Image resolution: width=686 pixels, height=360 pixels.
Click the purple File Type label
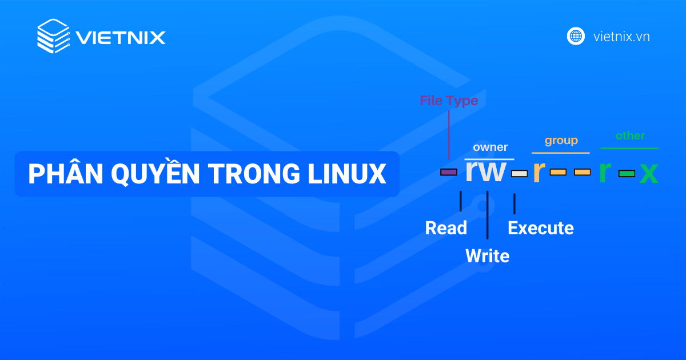pos(449,101)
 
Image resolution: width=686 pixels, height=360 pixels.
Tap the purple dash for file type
pos(448,172)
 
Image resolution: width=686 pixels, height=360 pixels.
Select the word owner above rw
pos(490,147)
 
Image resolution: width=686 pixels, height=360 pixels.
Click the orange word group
pos(561,141)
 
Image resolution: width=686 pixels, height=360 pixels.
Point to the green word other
pos(630,136)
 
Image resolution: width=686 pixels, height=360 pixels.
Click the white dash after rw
pos(519,173)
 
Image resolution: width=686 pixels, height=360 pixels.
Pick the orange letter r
pos(537,171)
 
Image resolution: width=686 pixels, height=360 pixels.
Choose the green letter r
pos(604,171)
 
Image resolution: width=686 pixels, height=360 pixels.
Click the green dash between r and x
pos(627,173)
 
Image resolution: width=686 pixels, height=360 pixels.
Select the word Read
pos(446,228)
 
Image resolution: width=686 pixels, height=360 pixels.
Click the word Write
pos(487,256)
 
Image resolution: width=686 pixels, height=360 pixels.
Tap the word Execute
pos(540,228)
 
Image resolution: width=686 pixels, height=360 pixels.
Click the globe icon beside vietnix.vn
pos(576,37)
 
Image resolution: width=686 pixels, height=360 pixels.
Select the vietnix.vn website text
pos(621,37)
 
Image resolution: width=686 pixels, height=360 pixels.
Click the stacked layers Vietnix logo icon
pos(53,37)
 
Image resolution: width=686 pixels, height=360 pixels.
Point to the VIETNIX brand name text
pos(121,38)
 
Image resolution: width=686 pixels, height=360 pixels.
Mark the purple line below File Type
pos(449,134)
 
